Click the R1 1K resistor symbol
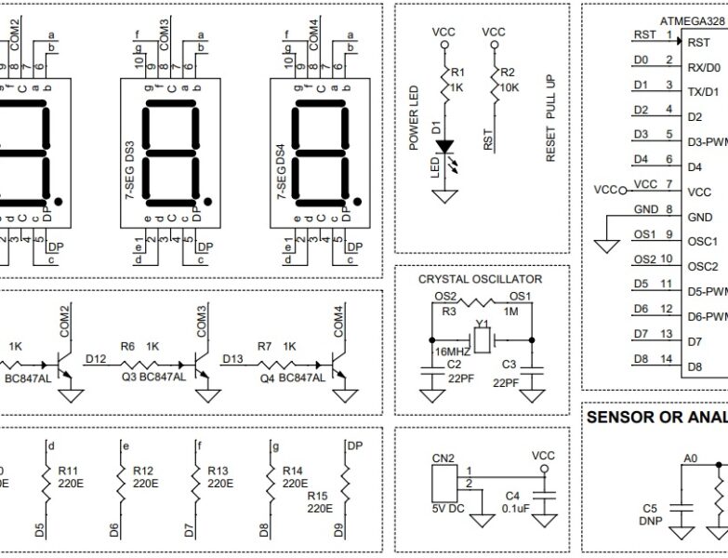443,83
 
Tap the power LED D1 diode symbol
444,147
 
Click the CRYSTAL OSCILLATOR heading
480,279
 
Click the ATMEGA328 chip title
692,20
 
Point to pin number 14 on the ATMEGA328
666,359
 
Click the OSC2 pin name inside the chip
702,267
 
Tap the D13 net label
233,357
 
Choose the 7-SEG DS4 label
281,172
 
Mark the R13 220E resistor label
219,476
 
